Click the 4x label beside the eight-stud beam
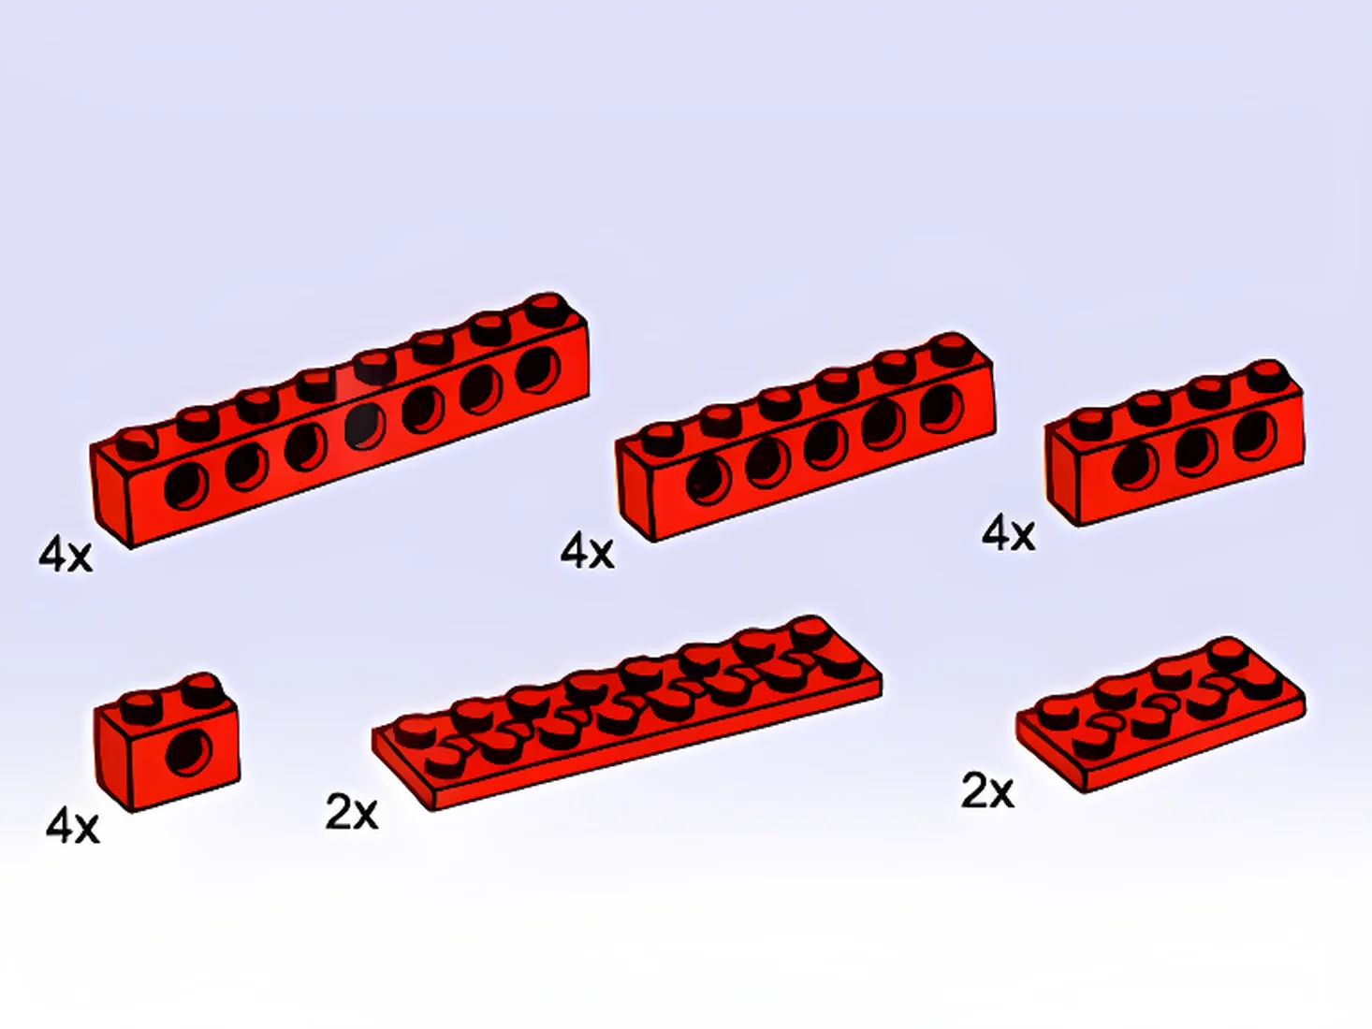click(x=66, y=556)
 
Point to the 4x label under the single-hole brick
click(x=72, y=827)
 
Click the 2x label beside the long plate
click(x=352, y=813)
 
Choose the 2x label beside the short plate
click(x=987, y=791)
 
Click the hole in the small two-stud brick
click(x=189, y=752)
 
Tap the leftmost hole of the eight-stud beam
click(x=186, y=486)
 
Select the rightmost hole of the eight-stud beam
click(x=538, y=370)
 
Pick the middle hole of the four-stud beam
click(x=1196, y=453)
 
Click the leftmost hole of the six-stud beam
click(x=708, y=481)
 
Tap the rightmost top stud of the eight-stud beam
click(x=547, y=310)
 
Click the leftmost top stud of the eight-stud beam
click(x=137, y=444)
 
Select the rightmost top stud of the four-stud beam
click(x=1267, y=376)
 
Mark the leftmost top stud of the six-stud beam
click(x=663, y=440)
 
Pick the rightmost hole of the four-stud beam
click(x=1255, y=435)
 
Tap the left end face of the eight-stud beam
click(x=110, y=494)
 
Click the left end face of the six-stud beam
click(x=635, y=487)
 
